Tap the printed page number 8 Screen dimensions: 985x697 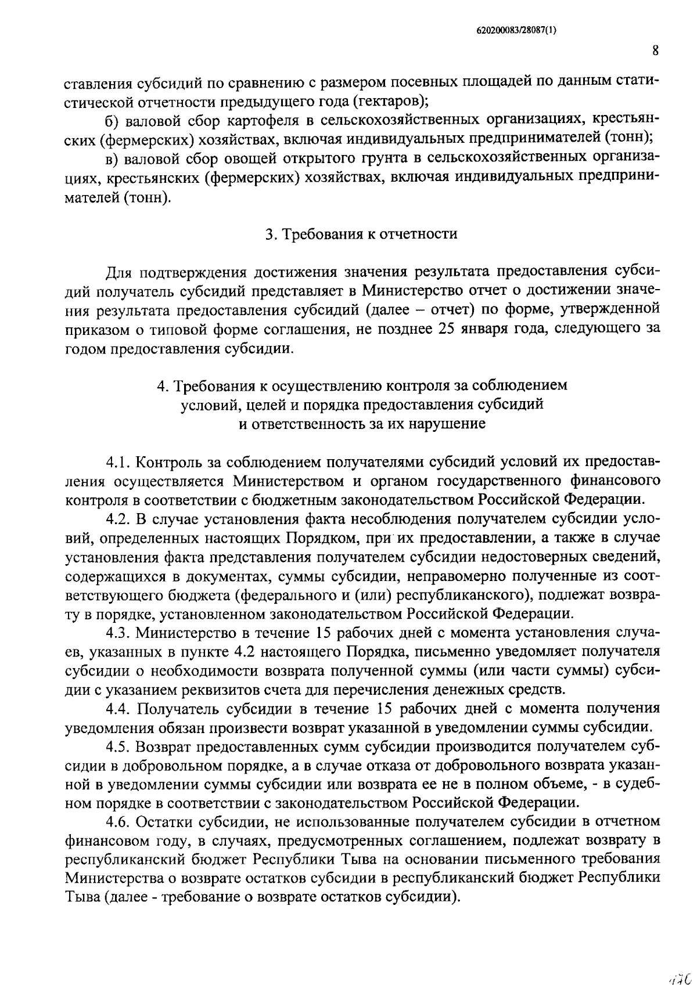coord(655,51)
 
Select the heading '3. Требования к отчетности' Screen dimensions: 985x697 coord(361,234)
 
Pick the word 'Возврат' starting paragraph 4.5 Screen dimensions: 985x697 coord(168,746)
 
